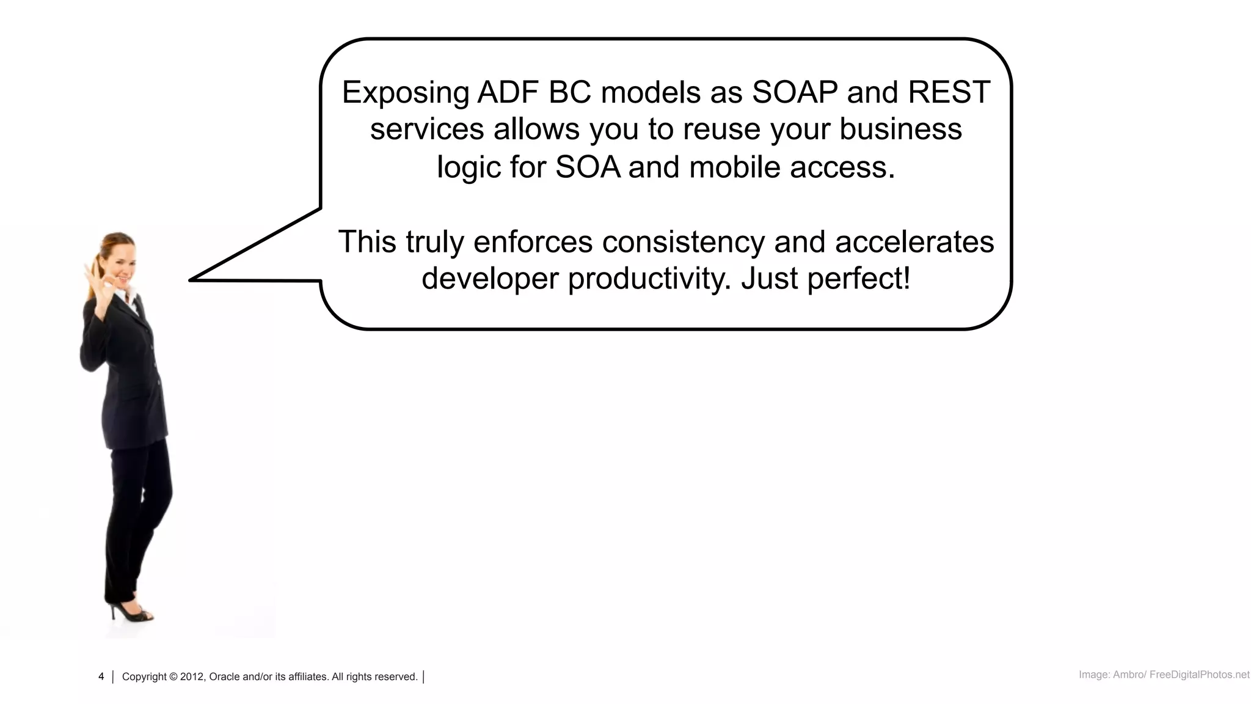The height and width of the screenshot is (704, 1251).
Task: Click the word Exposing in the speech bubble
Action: pos(404,93)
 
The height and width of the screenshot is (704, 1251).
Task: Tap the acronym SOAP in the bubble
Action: pos(794,93)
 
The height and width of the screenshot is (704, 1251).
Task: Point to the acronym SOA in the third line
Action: pos(588,167)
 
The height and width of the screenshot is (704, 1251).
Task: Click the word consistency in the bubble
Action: pos(683,242)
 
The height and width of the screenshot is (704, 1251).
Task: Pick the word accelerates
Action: pos(914,242)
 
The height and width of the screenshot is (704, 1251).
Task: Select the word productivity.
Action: pos(649,279)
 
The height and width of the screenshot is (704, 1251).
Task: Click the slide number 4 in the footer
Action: pos(101,676)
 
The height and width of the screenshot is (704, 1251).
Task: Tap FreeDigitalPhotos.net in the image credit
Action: pos(1199,675)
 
